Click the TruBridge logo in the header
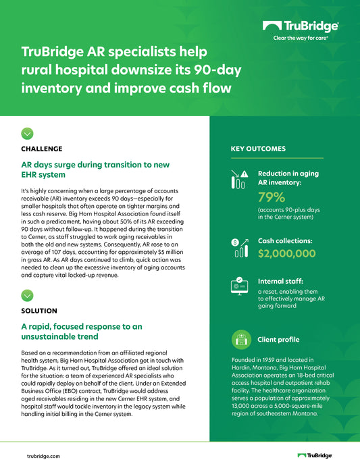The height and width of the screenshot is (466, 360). point(301,26)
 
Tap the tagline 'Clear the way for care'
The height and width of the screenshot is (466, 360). point(301,38)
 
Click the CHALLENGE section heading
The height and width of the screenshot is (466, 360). point(42,149)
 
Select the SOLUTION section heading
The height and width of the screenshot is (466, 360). point(39,311)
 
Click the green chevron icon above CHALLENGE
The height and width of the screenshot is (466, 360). point(27,133)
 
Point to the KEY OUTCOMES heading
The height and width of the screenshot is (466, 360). point(258,149)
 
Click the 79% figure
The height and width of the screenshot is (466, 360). point(272,197)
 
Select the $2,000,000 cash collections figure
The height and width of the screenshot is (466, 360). point(286,253)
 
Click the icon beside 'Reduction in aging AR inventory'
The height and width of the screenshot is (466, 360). point(239,178)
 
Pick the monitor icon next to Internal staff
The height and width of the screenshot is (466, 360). point(239,286)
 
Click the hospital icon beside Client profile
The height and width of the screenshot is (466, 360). point(239,339)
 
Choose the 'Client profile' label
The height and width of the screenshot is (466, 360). point(278,339)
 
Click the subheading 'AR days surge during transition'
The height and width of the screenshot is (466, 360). point(95,170)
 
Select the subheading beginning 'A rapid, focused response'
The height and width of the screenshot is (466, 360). point(82,332)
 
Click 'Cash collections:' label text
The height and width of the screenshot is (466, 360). point(285,240)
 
